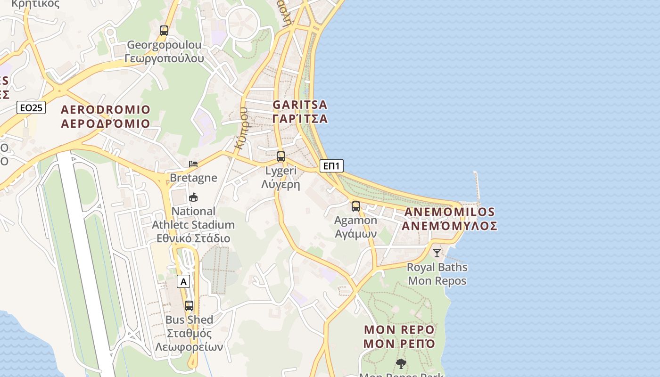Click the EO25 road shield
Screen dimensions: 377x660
31,107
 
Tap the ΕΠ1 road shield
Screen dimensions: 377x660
331,165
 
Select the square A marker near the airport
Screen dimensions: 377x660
183,282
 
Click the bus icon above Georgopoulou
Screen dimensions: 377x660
164,31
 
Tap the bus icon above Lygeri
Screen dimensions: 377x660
281,156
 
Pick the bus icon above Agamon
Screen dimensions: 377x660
356,206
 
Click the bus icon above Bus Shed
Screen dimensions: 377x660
189,306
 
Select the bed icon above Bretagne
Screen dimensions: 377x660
193,164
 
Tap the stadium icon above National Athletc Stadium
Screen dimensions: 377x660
193,197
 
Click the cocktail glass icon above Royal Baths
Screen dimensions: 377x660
437,253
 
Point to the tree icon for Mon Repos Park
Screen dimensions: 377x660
401,363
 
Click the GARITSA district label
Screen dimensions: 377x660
300,104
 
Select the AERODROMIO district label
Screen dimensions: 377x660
106,110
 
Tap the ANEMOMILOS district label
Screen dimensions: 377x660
450,212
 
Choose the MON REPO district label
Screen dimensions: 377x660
399,329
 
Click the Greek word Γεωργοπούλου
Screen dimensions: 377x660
164,58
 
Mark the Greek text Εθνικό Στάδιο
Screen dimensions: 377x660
193,238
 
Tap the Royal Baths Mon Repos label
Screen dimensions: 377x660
437,274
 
